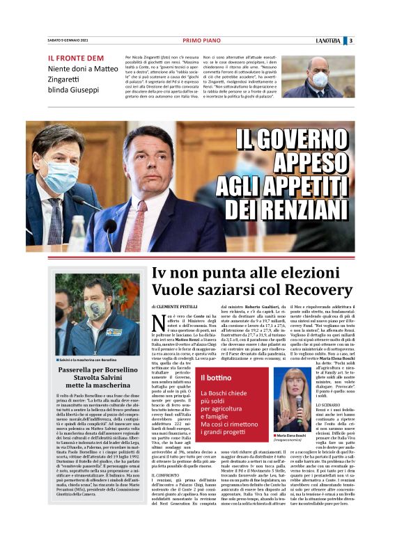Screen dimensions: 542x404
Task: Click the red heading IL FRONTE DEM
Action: (x=71, y=58)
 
